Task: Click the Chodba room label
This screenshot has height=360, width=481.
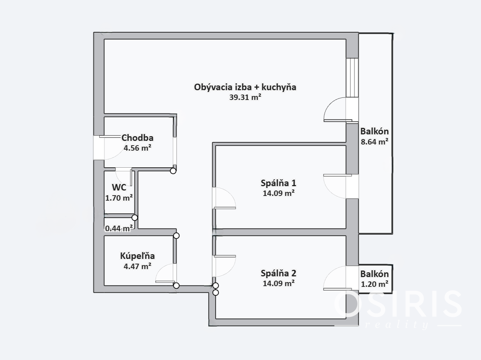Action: coord(137,138)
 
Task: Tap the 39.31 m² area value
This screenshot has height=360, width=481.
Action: coord(245,97)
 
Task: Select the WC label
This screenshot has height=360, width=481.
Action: coord(119,188)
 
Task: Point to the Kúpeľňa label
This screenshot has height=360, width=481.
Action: coord(137,256)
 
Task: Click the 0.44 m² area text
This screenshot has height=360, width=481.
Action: coord(119,228)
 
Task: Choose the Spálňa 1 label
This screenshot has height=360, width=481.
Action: coord(278,183)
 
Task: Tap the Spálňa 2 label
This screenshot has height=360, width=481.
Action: coord(278,273)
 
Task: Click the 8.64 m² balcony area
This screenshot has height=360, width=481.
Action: coord(374,142)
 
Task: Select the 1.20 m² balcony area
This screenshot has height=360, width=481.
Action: coord(374,284)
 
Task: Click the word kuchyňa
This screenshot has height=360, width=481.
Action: coord(279,87)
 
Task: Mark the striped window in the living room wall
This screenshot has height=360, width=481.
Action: coord(352,78)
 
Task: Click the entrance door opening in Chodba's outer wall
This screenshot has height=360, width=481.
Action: coord(99,148)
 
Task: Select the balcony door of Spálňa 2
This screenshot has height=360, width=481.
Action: coord(338,278)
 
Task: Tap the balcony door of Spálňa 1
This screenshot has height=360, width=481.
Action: coord(338,187)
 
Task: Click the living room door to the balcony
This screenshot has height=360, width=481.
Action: coord(338,109)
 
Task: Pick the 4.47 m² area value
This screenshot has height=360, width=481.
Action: coord(137,266)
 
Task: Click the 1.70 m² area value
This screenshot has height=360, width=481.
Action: coord(119,198)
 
